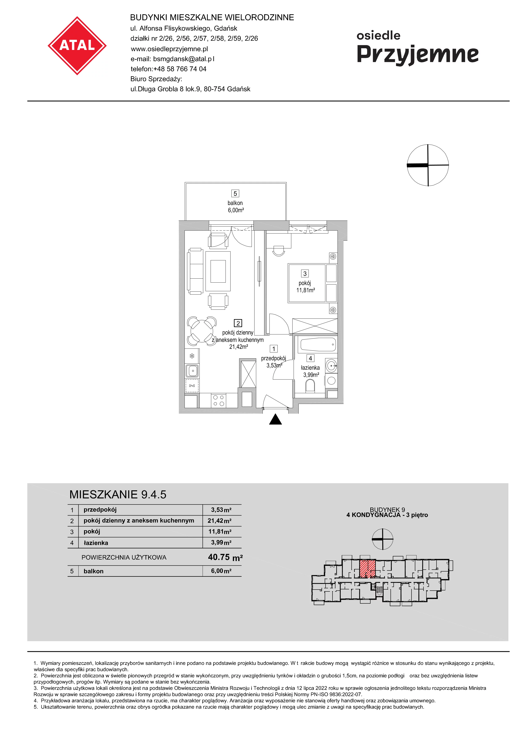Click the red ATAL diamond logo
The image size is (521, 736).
point(77,46)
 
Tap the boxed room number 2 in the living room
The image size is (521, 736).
point(238,323)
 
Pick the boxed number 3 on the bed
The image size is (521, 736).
point(305,273)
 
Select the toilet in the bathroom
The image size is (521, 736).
point(310,386)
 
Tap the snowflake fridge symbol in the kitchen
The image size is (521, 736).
point(192,356)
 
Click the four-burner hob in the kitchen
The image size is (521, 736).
point(219,400)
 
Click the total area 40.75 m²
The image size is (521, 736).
point(225,557)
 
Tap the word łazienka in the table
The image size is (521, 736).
point(96,543)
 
